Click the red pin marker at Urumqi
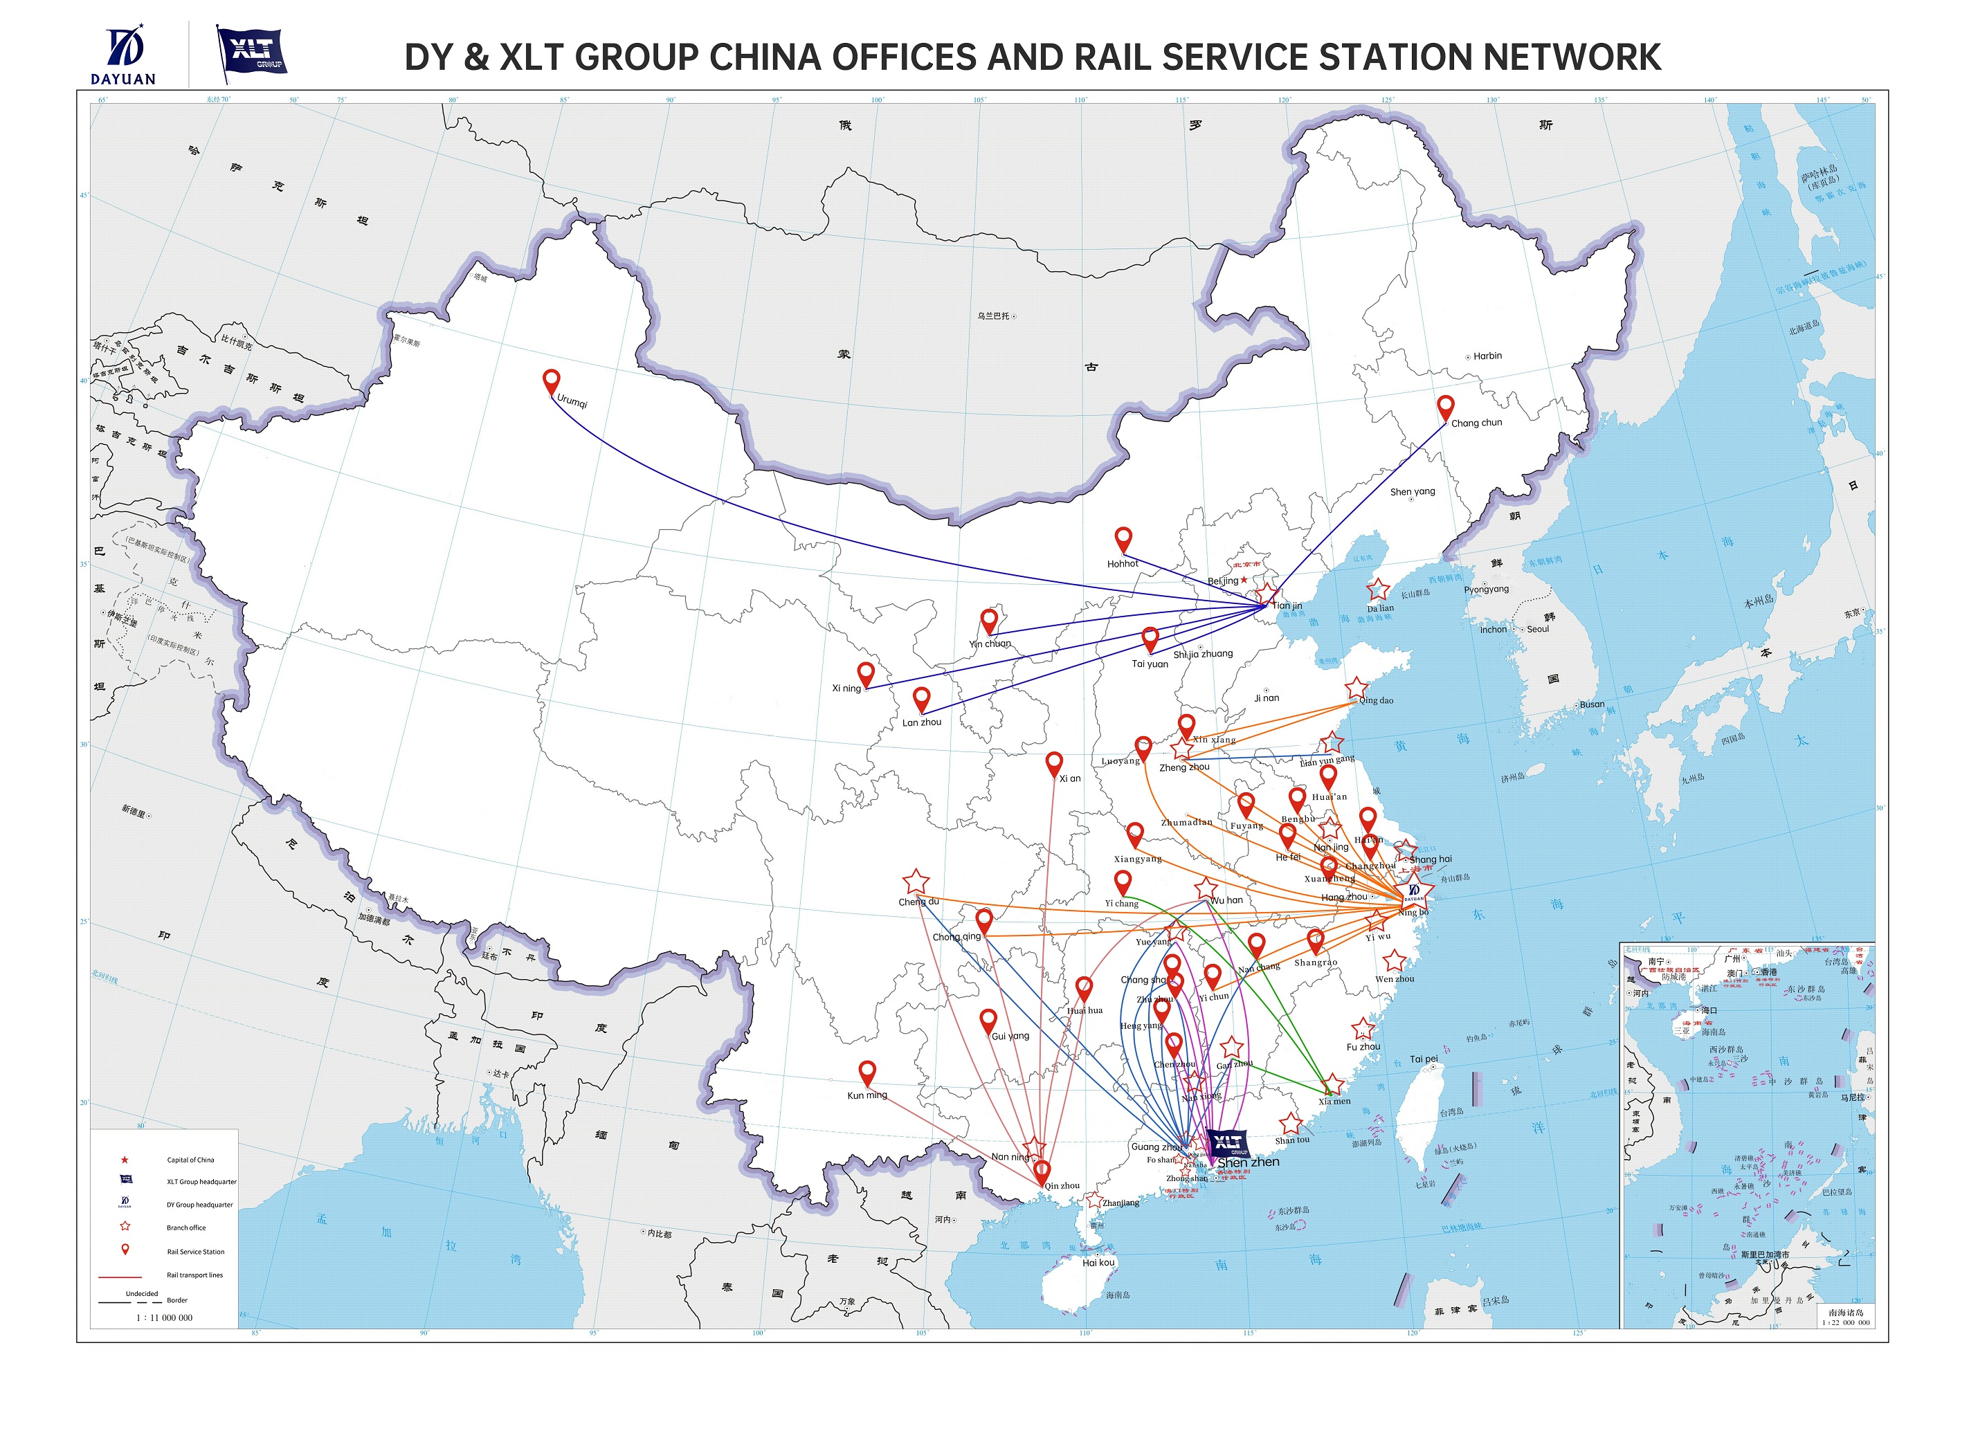point(551,381)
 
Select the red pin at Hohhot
point(1123,538)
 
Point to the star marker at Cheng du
point(916,882)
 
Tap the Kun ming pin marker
point(867,1072)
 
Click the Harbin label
point(1487,356)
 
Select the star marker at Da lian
point(1377,589)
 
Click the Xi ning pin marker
point(866,673)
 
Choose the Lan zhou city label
point(922,722)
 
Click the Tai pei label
point(1424,1059)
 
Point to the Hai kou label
point(1098,1262)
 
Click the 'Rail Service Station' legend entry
point(195,1252)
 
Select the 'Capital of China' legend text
point(190,1160)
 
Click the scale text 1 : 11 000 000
point(164,1318)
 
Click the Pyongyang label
point(1486,590)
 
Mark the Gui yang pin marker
point(988,1020)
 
